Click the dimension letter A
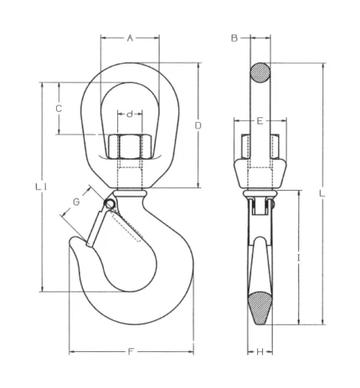click(x=130, y=38)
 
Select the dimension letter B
click(x=234, y=38)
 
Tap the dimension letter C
click(x=59, y=109)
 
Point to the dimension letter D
click(x=198, y=125)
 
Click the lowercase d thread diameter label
click(x=130, y=114)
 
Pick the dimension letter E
click(x=260, y=121)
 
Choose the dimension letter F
click(x=130, y=352)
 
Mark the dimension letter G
click(x=76, y=202)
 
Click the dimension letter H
click(x=260, y=352)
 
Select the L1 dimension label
click(x=41, y=186)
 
